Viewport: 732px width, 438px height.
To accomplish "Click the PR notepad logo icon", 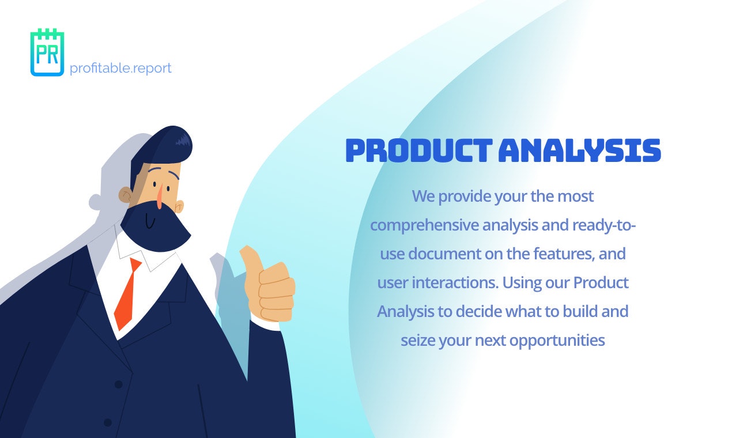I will click(x=47, y=52).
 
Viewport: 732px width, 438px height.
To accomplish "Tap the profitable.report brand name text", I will click(x=120, y=68).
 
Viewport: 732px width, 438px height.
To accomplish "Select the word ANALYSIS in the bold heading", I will click(x=579, y=151).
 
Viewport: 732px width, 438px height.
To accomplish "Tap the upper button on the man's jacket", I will click(x=118, y=384).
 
